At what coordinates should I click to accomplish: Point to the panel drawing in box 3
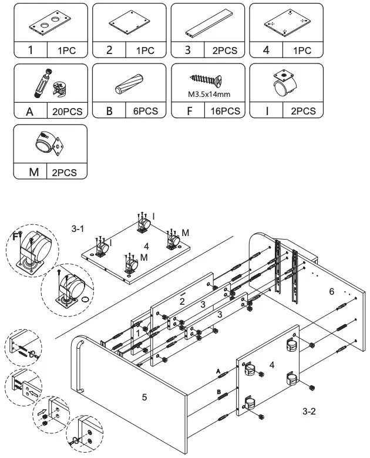[208, 23]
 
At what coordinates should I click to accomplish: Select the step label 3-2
[310, 412]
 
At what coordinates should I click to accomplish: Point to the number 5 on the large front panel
[144, 398]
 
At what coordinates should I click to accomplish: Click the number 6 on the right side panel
[332, 291]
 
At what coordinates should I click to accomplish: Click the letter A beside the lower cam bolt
[218, 371]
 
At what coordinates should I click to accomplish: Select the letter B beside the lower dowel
[218, 391]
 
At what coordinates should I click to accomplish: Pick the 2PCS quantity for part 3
[224, 50]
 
